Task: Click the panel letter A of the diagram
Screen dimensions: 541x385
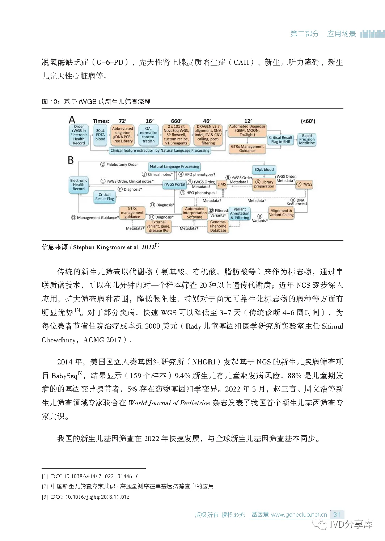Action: pos(72,120)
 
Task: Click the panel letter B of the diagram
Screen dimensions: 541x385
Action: pos(71,160)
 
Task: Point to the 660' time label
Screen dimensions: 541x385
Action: pos(176,121)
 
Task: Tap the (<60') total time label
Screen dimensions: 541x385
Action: pos(308,121)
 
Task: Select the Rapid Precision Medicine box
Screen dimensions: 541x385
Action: pos(307,139)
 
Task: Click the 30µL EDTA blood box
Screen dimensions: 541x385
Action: pos(100,135)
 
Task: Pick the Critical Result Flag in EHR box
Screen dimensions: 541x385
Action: pos(281,139)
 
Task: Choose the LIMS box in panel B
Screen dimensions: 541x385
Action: pos(221,184)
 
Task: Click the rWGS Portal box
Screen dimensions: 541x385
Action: pos(174,184)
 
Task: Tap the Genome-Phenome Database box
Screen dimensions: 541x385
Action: pos(218,226)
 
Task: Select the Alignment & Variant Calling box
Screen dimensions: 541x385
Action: pos(281,213)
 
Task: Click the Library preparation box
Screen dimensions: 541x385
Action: pos(264,184)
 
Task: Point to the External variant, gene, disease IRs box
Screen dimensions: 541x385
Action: pos(158,226)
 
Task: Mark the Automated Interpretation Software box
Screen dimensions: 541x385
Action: pos(195,213)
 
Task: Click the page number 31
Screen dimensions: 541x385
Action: pos(337,514)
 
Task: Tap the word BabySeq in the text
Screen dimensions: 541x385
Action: pos(64,376)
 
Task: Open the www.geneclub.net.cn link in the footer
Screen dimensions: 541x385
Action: pos(299,515)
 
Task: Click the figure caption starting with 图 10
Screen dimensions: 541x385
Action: pos(96,102)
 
